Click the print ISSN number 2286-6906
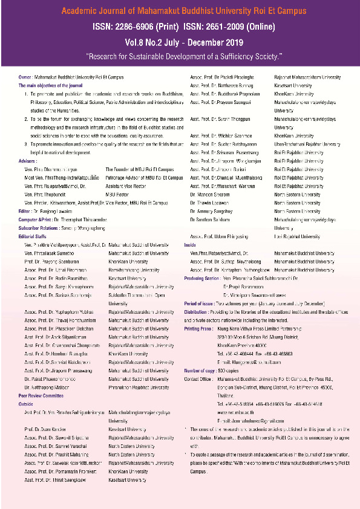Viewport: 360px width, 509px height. point(153,27)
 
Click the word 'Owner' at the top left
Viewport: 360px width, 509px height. point(25,77)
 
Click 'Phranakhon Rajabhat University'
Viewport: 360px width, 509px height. point(139,387)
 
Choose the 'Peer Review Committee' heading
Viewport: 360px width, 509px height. point(41,394)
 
